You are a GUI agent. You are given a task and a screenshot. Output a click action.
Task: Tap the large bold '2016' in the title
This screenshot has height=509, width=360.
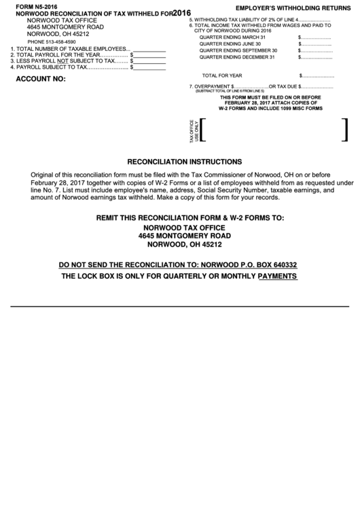click(x=181, y=12)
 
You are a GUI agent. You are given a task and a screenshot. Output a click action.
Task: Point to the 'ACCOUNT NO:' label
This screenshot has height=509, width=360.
click(x=40, y=79)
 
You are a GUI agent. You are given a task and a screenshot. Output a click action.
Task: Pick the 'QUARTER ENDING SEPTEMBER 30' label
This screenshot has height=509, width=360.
click(x=238, y=50)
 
